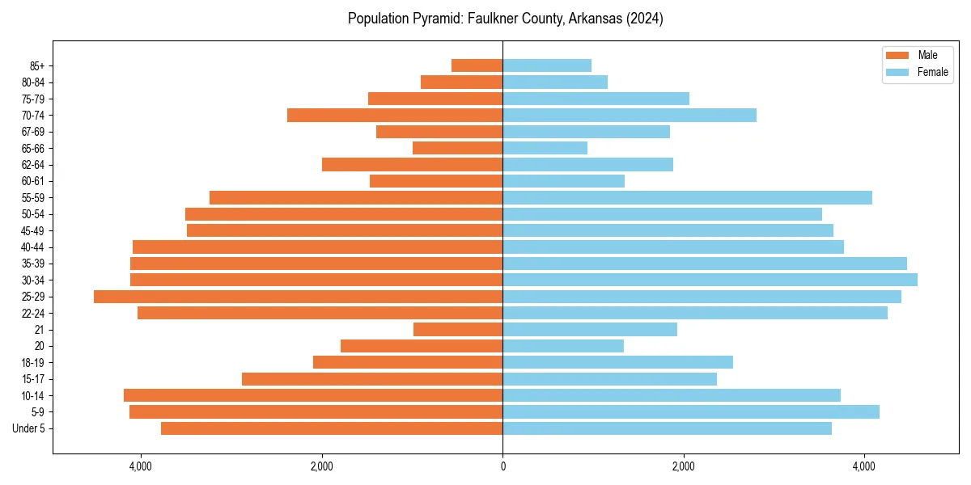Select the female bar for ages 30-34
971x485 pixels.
pos(710,280)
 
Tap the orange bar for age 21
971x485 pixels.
pos(458,330)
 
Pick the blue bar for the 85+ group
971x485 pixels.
pos(547,65)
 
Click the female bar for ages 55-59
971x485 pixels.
pos(687,197)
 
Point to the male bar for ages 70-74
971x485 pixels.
pos(395,116)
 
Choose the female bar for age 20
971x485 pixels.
pos(563,346)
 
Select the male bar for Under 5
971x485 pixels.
pos(332,428)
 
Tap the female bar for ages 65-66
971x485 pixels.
pos(545,148)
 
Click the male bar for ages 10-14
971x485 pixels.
pos(313,395)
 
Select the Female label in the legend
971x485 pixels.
pos(932,72)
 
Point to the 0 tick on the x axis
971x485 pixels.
pos(502,466)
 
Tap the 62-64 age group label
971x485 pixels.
pos(33,165)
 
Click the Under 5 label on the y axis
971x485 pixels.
pos(29,428)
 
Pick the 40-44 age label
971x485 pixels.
pos(33,247)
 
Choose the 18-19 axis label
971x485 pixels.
pos(33,363)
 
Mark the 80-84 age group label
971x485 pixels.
pos(33,82)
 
